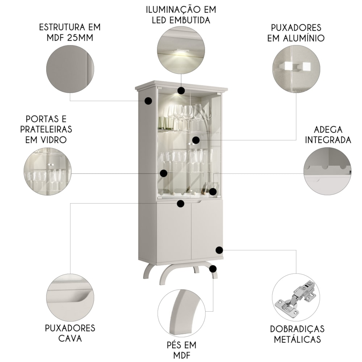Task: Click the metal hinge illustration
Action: tap(296, 298)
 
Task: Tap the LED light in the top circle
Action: tap(180, 51)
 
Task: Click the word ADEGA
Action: tap(328, 130)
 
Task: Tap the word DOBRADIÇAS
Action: tap(297, 329)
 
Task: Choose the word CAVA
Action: tap(70, 338)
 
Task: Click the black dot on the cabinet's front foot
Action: tap(213, 269)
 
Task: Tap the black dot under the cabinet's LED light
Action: tap(181, 90)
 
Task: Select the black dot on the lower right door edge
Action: tap(219, 250)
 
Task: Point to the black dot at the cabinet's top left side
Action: tap(148, 101)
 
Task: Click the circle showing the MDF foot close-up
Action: tap(181, 313)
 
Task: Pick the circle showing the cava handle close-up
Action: tap(70, 298)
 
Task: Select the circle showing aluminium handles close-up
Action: tap(296, 69)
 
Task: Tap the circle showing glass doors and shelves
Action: tap(47, 172)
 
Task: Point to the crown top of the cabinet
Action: tap(181, 86)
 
